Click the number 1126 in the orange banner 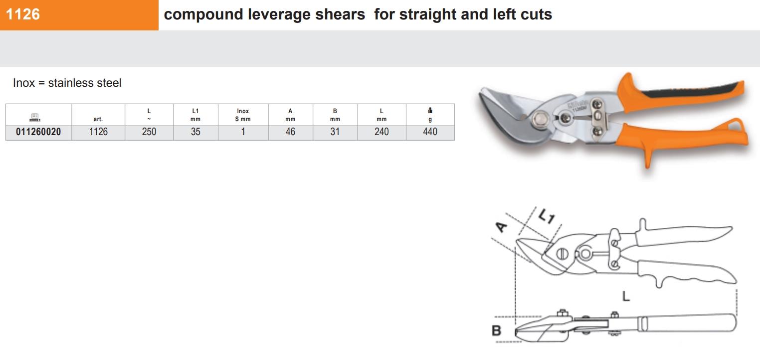[x=23, y=14]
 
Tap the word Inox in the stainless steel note [x=24, y=83]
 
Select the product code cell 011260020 [x=38, y=132]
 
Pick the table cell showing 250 [x=149, y=132]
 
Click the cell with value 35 [x=195, y=132]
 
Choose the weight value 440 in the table [x=430, y=132]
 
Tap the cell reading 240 [x=381, y=132]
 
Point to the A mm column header [x=290, y=115]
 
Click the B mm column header [x=335, y=115]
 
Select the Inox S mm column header [x=243, y=115]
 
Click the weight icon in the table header [x=430, y=111]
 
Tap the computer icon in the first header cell [x=35, y=117]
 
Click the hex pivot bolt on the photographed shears [x=539, y=119]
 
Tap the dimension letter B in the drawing [x=496, y=331]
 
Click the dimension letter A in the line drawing [x=501, y=227]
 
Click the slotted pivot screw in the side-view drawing [x=562, y=253]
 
